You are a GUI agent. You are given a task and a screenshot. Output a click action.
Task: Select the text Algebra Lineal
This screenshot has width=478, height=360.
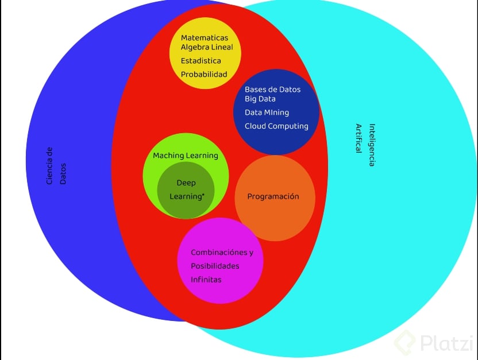207,47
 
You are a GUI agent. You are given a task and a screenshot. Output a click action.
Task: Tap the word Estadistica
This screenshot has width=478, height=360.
201,60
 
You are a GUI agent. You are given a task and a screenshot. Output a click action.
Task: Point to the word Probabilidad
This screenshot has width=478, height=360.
204,74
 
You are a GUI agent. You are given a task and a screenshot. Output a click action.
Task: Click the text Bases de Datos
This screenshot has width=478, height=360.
272,90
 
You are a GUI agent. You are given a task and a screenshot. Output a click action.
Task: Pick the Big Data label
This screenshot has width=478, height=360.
260,99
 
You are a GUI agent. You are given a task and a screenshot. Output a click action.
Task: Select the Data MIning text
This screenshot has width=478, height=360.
267,113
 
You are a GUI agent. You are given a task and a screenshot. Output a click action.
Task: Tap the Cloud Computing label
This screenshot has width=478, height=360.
276,126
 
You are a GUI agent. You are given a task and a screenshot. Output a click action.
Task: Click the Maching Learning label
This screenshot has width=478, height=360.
186,156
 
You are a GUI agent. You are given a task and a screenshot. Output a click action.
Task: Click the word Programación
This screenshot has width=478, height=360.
273,196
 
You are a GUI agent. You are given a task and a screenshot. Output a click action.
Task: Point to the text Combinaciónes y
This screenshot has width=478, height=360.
222,253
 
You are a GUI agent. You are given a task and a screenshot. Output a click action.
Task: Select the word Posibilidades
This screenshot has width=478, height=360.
215,266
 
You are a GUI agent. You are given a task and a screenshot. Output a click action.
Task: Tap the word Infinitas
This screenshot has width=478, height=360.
206,280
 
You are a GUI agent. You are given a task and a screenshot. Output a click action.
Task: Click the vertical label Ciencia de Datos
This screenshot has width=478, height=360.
56,165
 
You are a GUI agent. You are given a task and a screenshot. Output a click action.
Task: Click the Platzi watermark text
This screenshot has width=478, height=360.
446,343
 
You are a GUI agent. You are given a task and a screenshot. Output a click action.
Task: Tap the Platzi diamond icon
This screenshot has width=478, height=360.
406,342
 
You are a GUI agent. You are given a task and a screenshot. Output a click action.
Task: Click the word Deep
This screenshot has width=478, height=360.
186,183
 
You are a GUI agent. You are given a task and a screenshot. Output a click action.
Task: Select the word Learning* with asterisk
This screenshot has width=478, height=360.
187,196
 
